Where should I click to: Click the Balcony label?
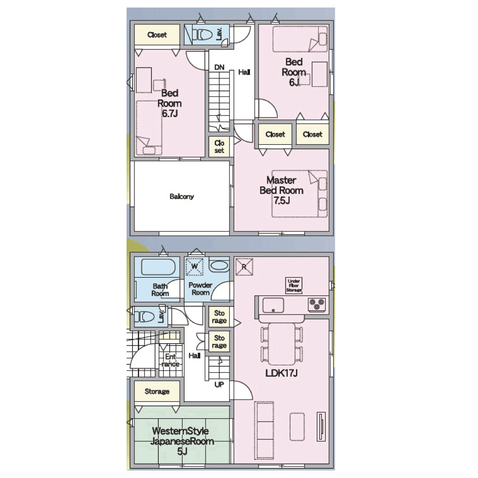tap(182, 196)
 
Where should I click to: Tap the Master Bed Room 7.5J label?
tap(282, 190)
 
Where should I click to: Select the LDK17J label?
tap(282, 373)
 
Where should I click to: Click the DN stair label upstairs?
tap(219, 67)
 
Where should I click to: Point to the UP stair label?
tap(219, 385)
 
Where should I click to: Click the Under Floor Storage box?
tap(293, 285)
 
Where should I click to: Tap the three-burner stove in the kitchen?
tap(317, 304)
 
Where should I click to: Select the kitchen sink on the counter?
tap(273, 305)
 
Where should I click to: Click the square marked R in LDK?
tap(244, 267)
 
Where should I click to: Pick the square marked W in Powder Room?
tap(195, 266)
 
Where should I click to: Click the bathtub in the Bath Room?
tap(159, 267)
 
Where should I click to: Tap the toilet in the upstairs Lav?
tap(203, 34)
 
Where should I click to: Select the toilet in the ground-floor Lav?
tap(144, 316)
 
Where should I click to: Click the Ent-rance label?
tap(171, 360)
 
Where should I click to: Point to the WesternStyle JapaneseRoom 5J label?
tap(182, 441)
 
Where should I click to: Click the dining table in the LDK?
tap(282, 344)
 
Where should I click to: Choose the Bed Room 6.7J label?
tap(170, 103)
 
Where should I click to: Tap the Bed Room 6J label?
tap(294, 72)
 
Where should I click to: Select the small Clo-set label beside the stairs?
tap(219, 147)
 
